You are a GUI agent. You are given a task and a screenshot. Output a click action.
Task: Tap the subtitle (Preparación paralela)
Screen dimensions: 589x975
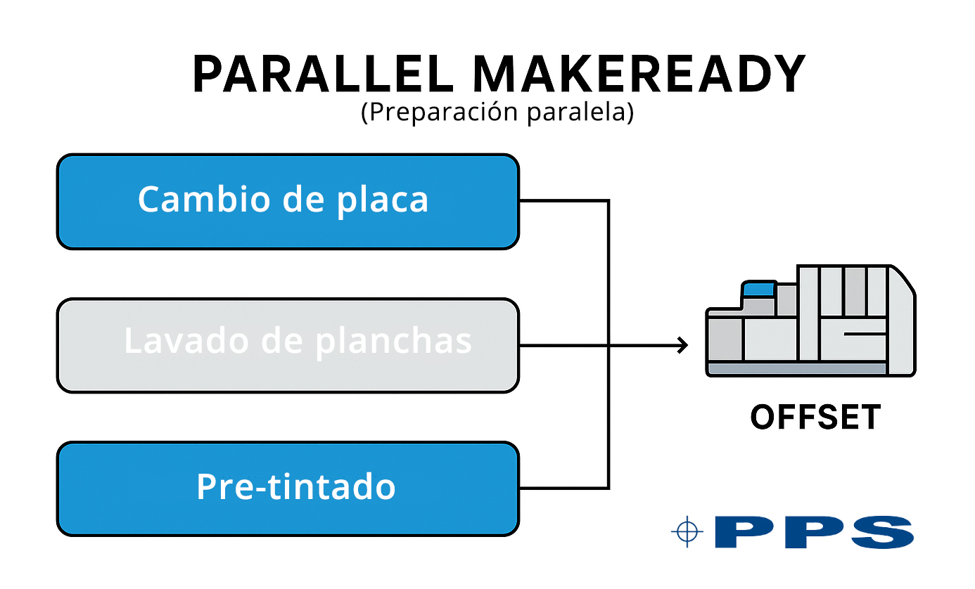497,113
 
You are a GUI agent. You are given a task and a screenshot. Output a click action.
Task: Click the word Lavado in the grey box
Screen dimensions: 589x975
185,341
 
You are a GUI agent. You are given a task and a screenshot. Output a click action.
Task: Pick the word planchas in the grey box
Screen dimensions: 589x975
393,341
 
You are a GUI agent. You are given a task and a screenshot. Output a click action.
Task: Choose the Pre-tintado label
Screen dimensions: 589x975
295,486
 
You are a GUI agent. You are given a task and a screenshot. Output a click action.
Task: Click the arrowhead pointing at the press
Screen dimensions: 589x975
682,345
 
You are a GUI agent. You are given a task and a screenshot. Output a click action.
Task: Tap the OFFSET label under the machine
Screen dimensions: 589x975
815,418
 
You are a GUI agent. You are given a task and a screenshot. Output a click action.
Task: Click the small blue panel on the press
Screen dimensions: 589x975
758,288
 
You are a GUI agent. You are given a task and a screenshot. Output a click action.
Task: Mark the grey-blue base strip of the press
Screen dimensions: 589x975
797,369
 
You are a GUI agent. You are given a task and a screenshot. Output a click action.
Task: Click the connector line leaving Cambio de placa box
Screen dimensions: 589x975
563,200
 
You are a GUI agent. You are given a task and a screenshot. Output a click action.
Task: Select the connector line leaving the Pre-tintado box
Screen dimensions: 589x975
563,488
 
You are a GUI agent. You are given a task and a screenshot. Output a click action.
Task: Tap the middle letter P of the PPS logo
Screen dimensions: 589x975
812,532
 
